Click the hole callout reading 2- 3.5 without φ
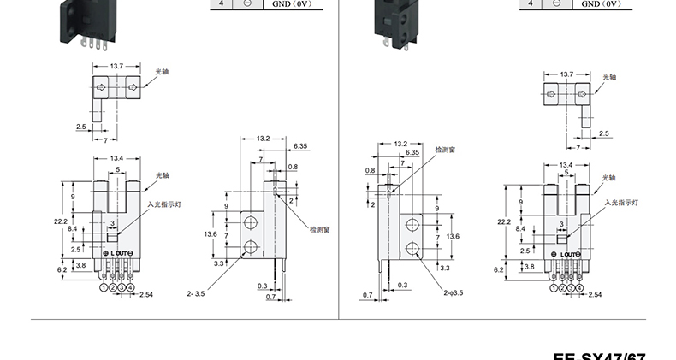tap(197, 292)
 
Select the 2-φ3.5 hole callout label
tap(453, 292)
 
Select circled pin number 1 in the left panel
tap(104, 288)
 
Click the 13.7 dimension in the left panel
tap(118, 66)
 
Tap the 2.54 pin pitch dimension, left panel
tap(145, 294)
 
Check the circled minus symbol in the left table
tap(246, 5)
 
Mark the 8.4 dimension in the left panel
tap(72, 229)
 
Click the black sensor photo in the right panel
tap(394, 21)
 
